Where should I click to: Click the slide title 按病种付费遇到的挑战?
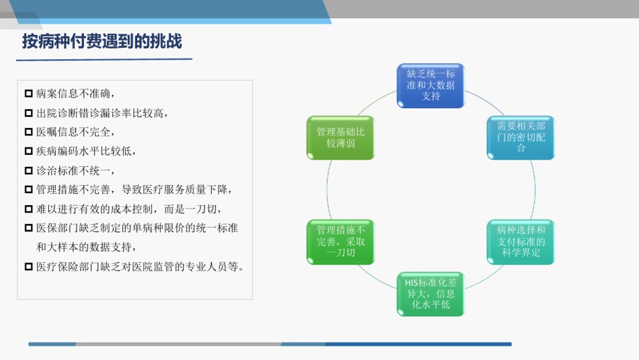click(102, 42)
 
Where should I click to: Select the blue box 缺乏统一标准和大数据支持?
click(430, 85)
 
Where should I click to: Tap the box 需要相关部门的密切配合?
click(521, 137)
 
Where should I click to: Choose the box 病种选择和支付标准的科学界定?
click(521, 242)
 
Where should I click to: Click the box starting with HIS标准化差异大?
click(430, 294)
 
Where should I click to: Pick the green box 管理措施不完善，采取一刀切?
click(341, 242)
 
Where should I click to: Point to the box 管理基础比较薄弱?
click(341, 137)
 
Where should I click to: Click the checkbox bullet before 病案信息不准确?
click(28, 94)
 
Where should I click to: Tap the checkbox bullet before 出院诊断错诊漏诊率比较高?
click(28, 113)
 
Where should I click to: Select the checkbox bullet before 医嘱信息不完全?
click(28, 132)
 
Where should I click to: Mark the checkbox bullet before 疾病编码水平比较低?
click(28, 151)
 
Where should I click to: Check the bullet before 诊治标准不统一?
click(28, 170)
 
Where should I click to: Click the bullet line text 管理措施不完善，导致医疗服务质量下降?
click(134, 190)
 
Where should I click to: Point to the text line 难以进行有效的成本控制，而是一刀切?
click(128, 209)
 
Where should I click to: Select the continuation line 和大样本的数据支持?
click(86, 247)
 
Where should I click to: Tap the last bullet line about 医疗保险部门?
click(140, 266)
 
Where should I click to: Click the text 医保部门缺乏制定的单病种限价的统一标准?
click(137, 228)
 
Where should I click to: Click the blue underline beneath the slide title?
click(104, 60)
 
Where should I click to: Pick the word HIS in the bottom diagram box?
click(411, 283)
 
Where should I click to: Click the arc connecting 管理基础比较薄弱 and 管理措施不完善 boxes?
click(328, 190)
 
